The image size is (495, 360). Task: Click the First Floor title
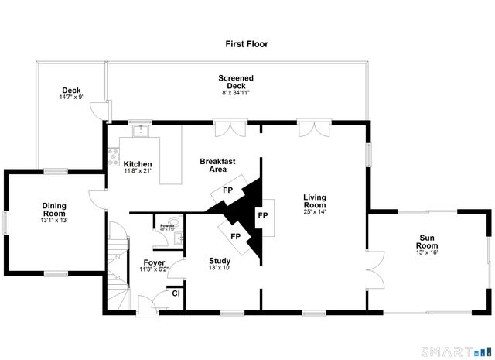pos(247,45)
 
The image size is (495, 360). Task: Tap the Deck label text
pos(70,91)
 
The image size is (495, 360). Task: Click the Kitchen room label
pos(138,164)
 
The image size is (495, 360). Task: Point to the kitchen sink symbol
pos(140,131)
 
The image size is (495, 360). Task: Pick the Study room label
pos(220,261)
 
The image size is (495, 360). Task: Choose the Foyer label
pos(154,262)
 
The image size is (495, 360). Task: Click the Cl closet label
pos(176,293)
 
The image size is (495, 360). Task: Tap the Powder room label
pos(167,225)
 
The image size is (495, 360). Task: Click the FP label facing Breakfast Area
pos(228,190)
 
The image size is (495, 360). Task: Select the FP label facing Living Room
pos(262,214)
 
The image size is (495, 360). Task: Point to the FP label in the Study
pos(234,236)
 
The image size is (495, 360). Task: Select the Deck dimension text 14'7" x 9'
pos(70,98)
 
